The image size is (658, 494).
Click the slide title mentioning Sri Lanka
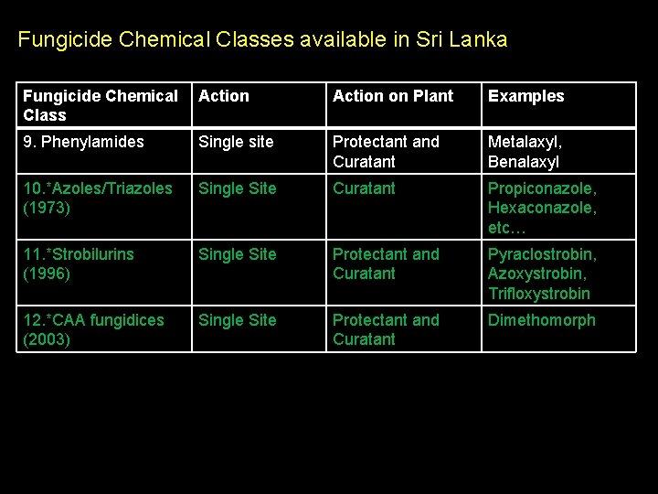[262, 40]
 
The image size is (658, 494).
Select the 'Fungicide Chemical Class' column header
[101, 105]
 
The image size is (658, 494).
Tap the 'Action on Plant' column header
[393, 96]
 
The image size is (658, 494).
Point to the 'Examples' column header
[526, 96]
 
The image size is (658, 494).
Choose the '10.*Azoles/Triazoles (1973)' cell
[98, 198]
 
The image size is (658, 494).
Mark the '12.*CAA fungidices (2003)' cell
[93, 329]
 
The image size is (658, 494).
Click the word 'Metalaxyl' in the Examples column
[525, 142]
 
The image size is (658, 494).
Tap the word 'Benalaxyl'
[524, 162]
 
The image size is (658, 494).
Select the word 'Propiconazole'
[542, 188]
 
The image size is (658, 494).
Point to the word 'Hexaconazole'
[542, 208]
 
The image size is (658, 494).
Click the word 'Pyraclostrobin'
[542, 254]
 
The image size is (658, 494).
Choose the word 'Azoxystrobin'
[537, 274]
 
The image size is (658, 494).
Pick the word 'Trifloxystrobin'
[539, 294]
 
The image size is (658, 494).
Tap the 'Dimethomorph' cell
[541, 320]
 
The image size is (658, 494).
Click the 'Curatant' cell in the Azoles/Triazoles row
[364, 188]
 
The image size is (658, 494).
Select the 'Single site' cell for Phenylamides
[237, 142]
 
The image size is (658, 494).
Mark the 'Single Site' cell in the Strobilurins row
[237, 254]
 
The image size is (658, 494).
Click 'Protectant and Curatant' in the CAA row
[386, 329]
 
